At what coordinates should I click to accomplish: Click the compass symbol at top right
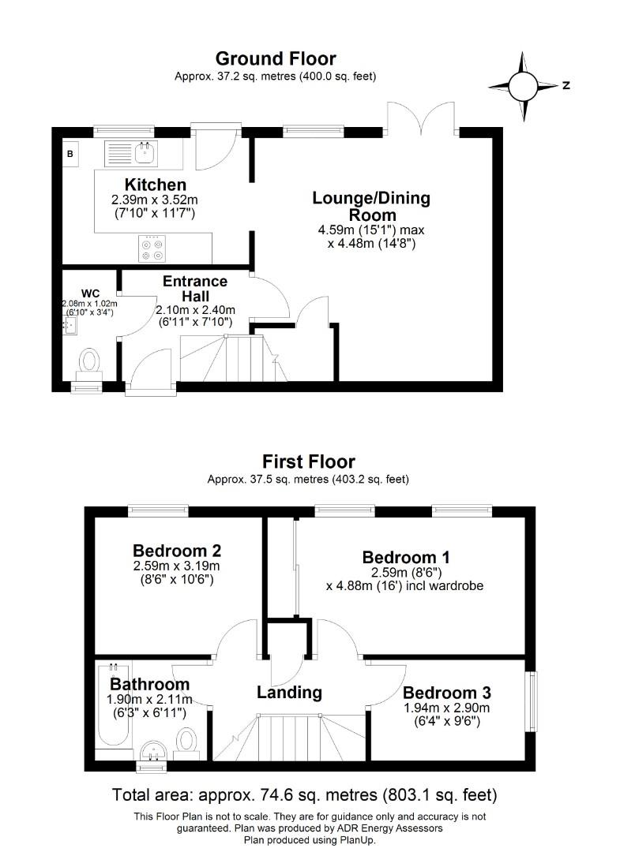coord(522,86)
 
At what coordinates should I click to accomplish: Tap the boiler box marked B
coord(70,154)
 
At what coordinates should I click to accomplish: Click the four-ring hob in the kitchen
coord(152,248)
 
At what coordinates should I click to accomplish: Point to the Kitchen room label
coord(155,185)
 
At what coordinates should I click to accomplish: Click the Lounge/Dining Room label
coord(371,206)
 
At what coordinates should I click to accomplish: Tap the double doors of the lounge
coord(421,117)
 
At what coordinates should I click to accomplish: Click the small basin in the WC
coord(69,324)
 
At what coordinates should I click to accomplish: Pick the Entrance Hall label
coord(195,288)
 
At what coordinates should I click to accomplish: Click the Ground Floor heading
coord(275,58)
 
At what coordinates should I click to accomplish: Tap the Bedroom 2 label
coord(176,551)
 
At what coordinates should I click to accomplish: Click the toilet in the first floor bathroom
coord(186,739)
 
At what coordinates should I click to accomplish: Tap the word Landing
coord(289,692)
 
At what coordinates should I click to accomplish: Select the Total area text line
coord(305,794)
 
